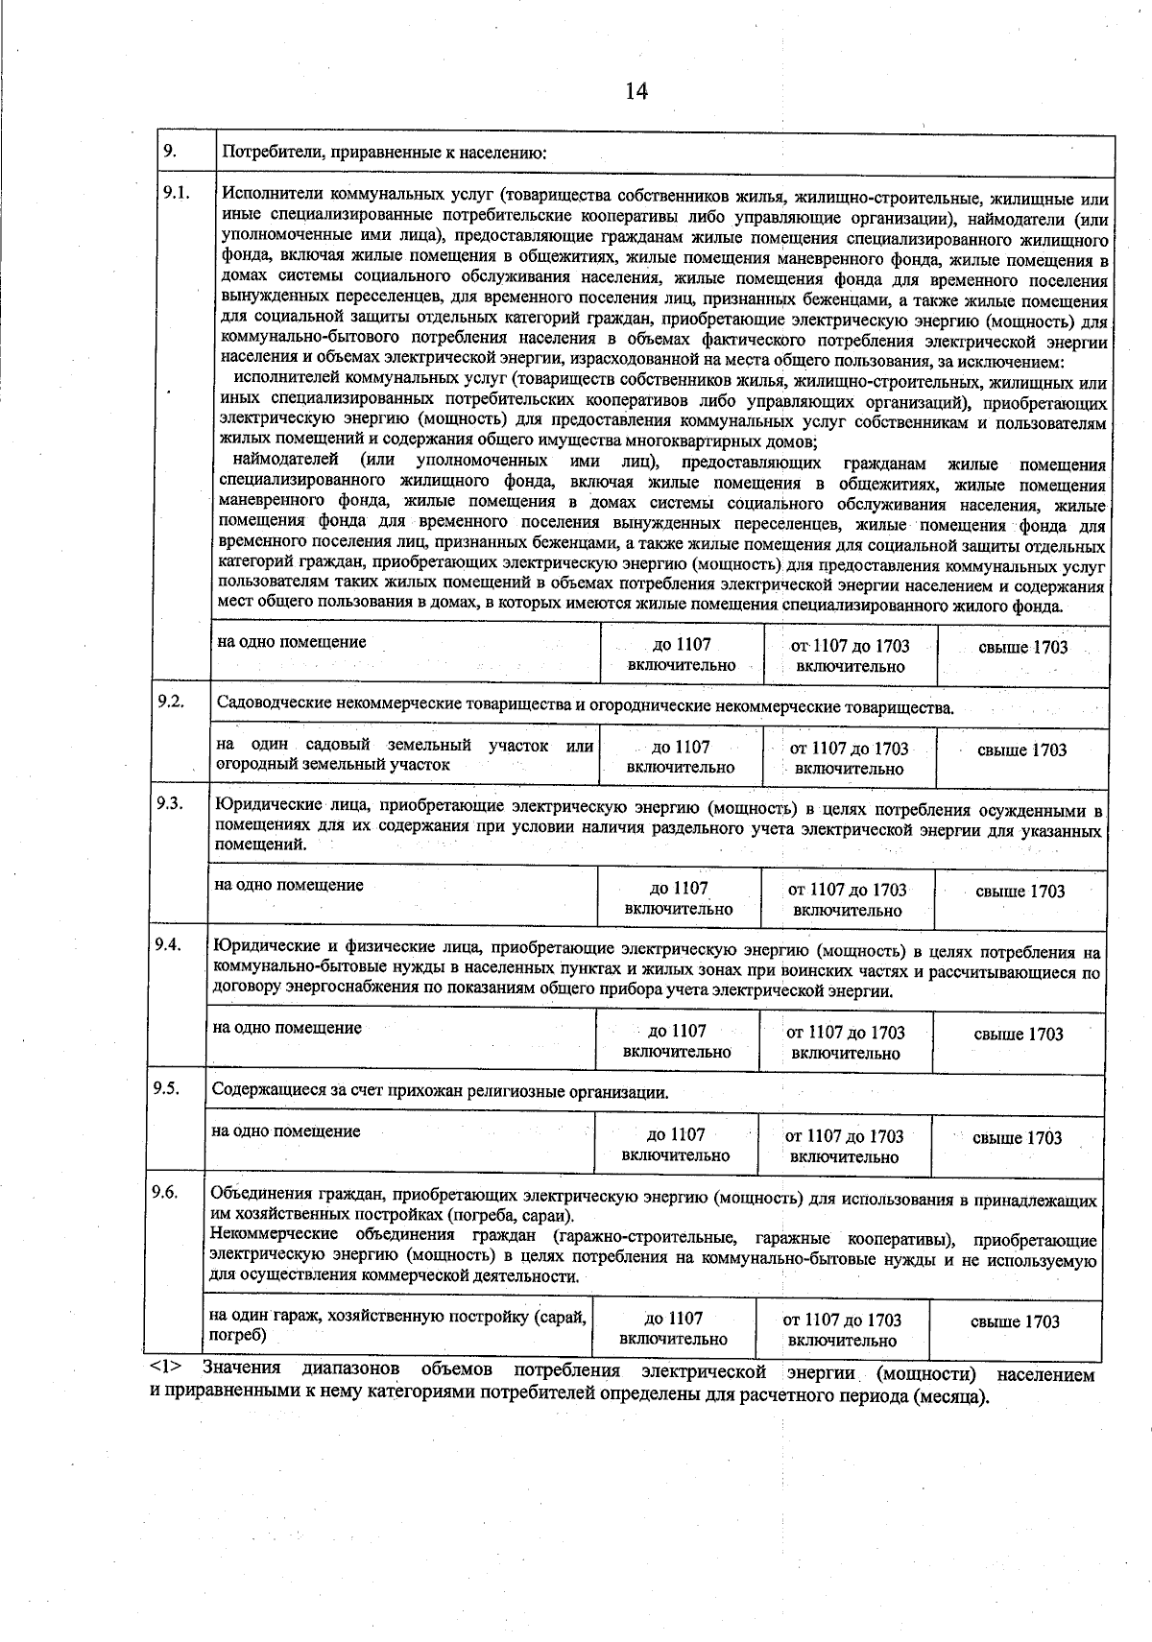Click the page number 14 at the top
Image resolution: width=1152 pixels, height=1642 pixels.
636,91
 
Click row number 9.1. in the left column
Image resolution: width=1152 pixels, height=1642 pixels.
175,193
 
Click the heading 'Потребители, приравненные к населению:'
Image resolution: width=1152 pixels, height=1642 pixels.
384,153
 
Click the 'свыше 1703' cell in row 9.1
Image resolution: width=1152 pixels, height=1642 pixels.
1022,648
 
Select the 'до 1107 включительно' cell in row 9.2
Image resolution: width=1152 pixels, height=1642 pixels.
681,757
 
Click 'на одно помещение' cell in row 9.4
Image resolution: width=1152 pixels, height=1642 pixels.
287,1028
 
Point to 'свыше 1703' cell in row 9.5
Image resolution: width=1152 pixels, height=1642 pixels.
1017,1138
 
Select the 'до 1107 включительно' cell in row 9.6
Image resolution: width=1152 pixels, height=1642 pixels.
673,1329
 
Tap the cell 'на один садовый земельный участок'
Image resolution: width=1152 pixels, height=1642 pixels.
404,755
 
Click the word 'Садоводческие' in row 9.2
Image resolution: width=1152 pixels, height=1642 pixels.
275,706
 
